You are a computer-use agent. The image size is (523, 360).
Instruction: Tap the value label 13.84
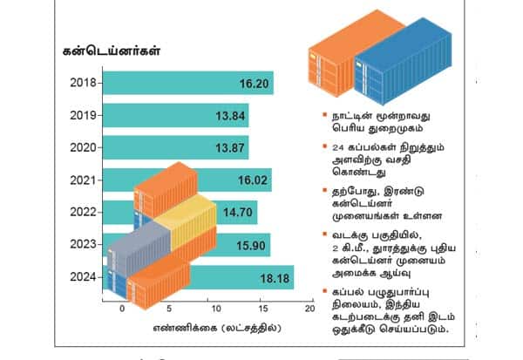click(x=227, y=115)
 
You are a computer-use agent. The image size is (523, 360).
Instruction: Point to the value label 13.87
click(x=227, y=147)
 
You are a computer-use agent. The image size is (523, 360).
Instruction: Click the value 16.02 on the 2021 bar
click(x=248, y=180)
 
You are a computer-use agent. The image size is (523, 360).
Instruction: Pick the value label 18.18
click(x=271, y=278)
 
